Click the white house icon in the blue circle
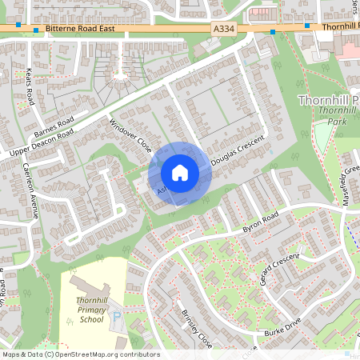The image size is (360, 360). (x=180, y=173)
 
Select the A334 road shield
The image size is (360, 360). (x=225, y=28)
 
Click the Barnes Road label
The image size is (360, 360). (x=54, y=127)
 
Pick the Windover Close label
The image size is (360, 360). (x=130, y=135)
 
